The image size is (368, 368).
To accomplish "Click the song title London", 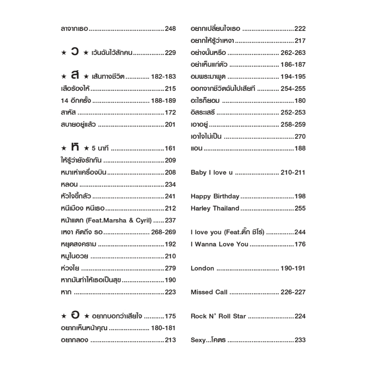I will [202, 268].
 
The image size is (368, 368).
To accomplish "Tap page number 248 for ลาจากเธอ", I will [170, 29].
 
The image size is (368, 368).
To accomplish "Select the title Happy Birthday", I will [215, 197].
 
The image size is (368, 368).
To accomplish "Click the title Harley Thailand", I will [215, 208].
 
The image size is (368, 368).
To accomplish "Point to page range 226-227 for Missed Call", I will [293, 292].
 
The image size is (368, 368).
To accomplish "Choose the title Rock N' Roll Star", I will [218, 316].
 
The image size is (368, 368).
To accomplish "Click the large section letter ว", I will [75, 52].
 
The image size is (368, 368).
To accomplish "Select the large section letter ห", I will [75, 147].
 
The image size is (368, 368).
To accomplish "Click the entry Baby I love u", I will [212, 172].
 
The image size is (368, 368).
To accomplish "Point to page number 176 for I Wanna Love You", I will [300, 244].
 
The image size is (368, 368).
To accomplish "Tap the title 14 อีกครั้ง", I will [76, 101].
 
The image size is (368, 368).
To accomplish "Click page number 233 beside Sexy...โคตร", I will [300, 340].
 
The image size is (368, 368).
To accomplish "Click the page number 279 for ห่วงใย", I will [170, 268].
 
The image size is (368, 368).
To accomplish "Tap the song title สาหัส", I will [68, 112].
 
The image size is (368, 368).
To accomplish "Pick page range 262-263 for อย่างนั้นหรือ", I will [293, 53].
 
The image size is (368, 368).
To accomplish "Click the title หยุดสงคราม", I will [79, 244].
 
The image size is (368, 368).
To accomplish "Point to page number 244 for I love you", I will [300, 233].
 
